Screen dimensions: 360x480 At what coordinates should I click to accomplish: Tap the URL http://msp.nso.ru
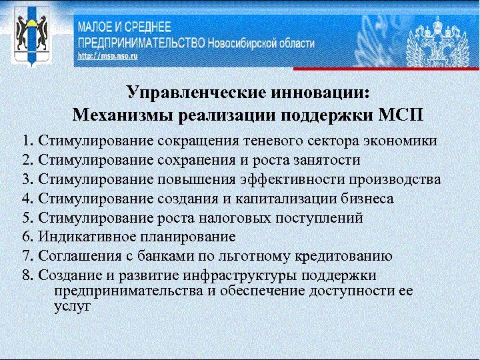tap(107, 57)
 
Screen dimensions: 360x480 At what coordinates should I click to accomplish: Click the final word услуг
tap(72, 307)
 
